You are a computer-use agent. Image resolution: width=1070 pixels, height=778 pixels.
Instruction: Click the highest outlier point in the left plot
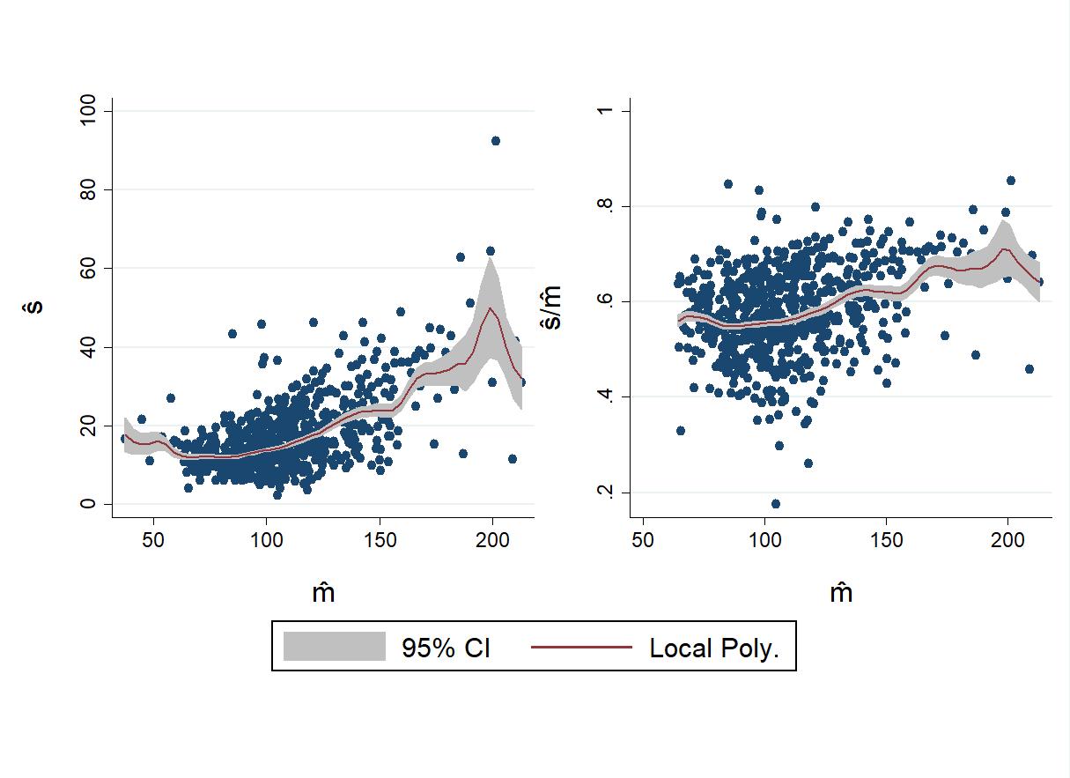click(x=495, y=141)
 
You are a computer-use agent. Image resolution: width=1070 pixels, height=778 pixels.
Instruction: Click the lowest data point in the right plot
click(x=776, y=504)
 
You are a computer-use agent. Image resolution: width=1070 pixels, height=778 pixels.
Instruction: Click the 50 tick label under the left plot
click(x=153, y=539)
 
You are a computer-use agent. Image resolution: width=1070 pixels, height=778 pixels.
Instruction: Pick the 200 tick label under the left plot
click(x=493, y=539)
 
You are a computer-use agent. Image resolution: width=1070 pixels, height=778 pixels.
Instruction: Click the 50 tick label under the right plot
click(x=643, y=539)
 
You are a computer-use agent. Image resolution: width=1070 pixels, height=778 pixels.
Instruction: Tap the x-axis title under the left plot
click(x=323, y=593)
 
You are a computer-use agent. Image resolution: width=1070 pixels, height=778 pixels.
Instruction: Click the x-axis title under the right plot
click(x=841, y=593)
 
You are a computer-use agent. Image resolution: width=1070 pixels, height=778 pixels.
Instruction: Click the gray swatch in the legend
click(x=335, y=648)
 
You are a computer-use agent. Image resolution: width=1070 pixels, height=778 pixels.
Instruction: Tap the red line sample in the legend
click(x=582, y=648)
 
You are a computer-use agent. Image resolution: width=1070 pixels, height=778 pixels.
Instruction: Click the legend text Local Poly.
click(x=714, y=648)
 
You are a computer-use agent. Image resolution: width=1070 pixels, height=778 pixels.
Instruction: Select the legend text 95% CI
click(x=446, y=648)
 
